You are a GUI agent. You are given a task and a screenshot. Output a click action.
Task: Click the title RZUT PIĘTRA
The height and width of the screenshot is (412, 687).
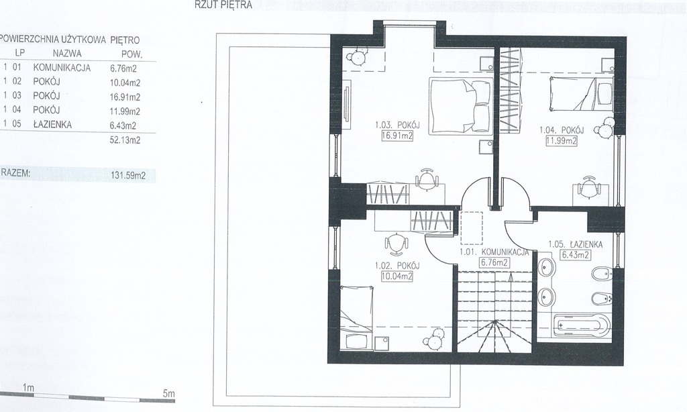[223, 5]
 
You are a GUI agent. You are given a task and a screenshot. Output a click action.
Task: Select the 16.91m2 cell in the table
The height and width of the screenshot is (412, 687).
[125, 97]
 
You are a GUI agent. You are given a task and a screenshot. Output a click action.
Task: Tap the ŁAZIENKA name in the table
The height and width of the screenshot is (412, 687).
[52, 125]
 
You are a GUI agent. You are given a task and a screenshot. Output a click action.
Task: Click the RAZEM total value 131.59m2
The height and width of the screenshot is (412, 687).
[128, 176]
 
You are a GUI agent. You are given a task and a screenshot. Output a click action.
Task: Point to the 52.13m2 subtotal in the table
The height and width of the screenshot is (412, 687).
[125, 140]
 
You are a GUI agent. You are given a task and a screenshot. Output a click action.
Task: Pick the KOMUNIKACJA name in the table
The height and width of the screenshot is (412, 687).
[62, 68]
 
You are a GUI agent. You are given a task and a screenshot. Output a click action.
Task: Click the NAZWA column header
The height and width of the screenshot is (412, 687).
[67, 54]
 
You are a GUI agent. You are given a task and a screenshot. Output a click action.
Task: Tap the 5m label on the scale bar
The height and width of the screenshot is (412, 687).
[168, 394]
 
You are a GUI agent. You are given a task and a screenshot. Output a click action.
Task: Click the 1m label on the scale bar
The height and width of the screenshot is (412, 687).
[28, 388]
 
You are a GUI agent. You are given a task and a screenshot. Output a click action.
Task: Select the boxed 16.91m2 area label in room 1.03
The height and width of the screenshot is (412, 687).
[397, 136]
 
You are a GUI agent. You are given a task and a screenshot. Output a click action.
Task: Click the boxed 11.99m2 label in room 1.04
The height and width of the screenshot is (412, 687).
[562, 141]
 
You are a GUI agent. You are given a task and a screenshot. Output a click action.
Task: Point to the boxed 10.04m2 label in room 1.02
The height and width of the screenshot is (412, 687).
[397, 276]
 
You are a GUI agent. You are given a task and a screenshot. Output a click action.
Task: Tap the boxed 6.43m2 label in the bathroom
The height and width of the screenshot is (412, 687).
[575, 255]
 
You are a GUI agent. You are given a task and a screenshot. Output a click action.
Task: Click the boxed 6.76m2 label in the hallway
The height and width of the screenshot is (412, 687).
[494, 263]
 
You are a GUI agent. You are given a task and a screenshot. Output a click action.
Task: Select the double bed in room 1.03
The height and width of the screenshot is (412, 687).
[460, 105]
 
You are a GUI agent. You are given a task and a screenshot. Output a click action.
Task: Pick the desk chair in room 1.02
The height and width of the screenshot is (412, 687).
[396, 244]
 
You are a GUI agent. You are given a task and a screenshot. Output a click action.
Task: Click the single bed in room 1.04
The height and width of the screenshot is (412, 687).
[582, 93]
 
